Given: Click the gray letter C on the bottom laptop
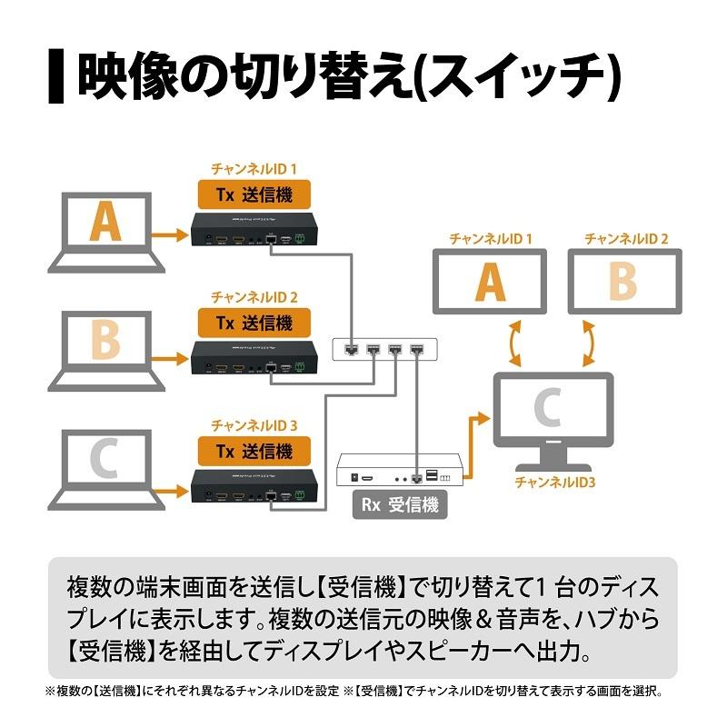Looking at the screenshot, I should coord(105,461).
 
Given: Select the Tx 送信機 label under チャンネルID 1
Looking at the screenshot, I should coord(254,193).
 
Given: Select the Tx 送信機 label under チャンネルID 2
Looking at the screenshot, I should coord(254,322).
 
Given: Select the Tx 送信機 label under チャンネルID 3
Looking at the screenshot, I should coord(254,450).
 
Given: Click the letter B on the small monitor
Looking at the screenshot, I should coord(623,282).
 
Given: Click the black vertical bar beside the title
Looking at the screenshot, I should coord(55,76).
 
